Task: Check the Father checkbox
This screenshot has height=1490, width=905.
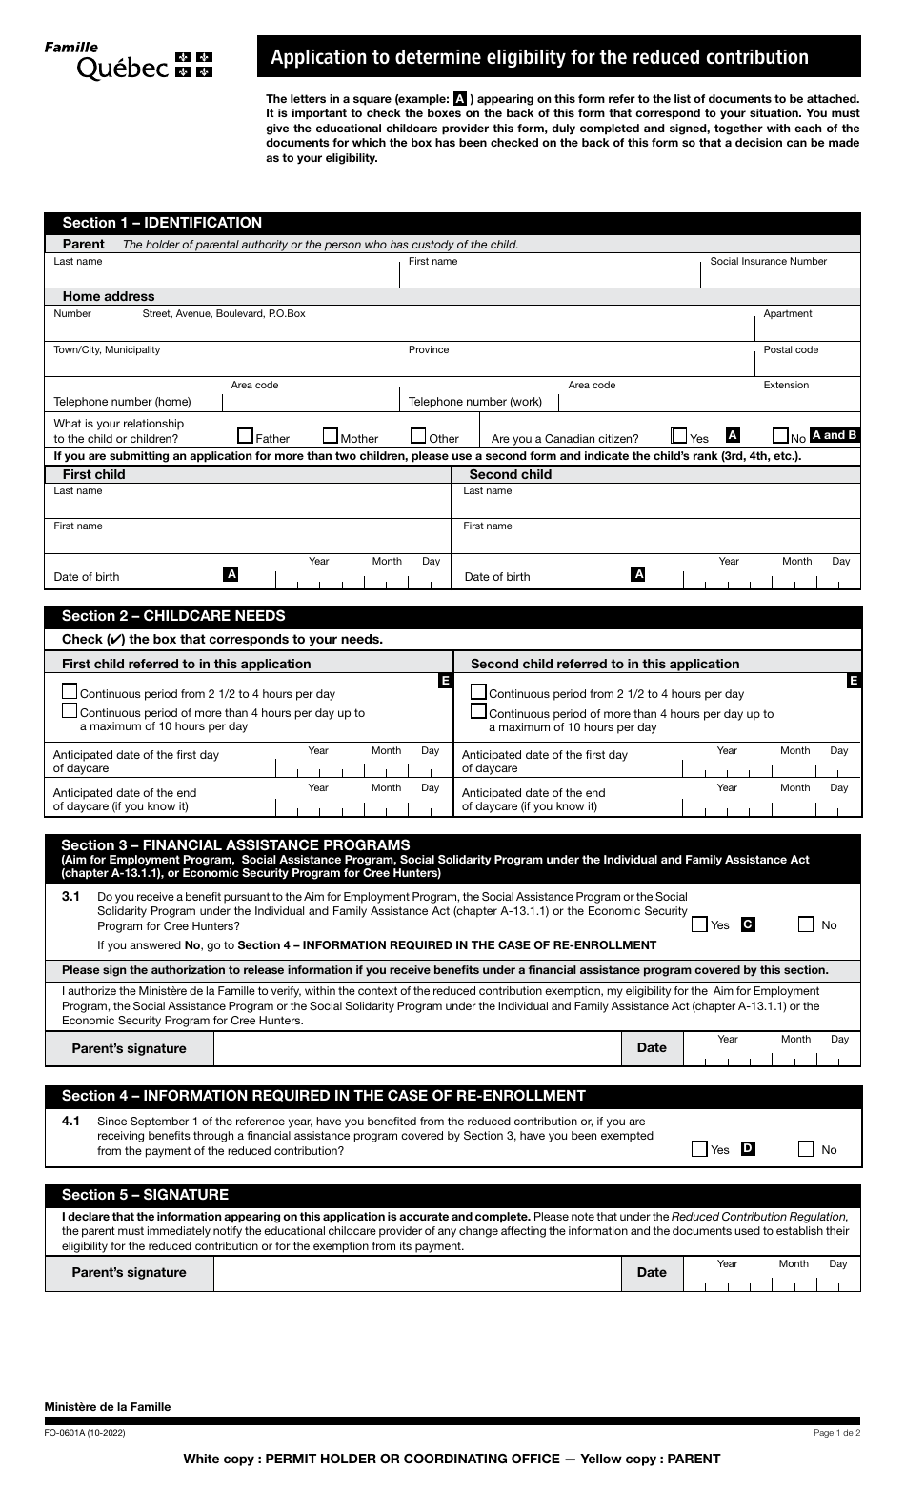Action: [x=246, y=436]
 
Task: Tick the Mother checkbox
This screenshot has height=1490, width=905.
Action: [x=331, y=436]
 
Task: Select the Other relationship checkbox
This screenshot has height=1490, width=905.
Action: [x=418, y=436]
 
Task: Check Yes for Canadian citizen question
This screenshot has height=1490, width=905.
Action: [x=679, y=436]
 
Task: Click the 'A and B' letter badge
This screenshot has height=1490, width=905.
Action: [x=834, y=435]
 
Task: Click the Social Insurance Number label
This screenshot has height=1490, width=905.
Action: [x=768, y=262]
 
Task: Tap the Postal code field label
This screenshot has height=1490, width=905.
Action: [x=791, y=350]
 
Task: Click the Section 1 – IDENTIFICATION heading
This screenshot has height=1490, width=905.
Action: [x=162, y=223]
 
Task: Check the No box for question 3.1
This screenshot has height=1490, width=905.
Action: [x=807, y=924]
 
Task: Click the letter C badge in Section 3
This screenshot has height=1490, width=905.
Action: [x=748, y=924]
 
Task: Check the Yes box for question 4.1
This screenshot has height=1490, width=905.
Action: [x=700, y=1148]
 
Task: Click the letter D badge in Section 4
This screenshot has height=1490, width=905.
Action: [x=748, y=1148]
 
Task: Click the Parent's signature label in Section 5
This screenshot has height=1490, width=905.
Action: [x=130, y=1273]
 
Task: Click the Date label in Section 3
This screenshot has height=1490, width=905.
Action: [x=652, y=1047]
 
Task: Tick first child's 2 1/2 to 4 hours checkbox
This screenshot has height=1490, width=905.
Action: [x=70, y=692]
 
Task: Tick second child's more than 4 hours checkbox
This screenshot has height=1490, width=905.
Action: [x=479, y=712]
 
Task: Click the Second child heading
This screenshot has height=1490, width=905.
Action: [x=510, y=474]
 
